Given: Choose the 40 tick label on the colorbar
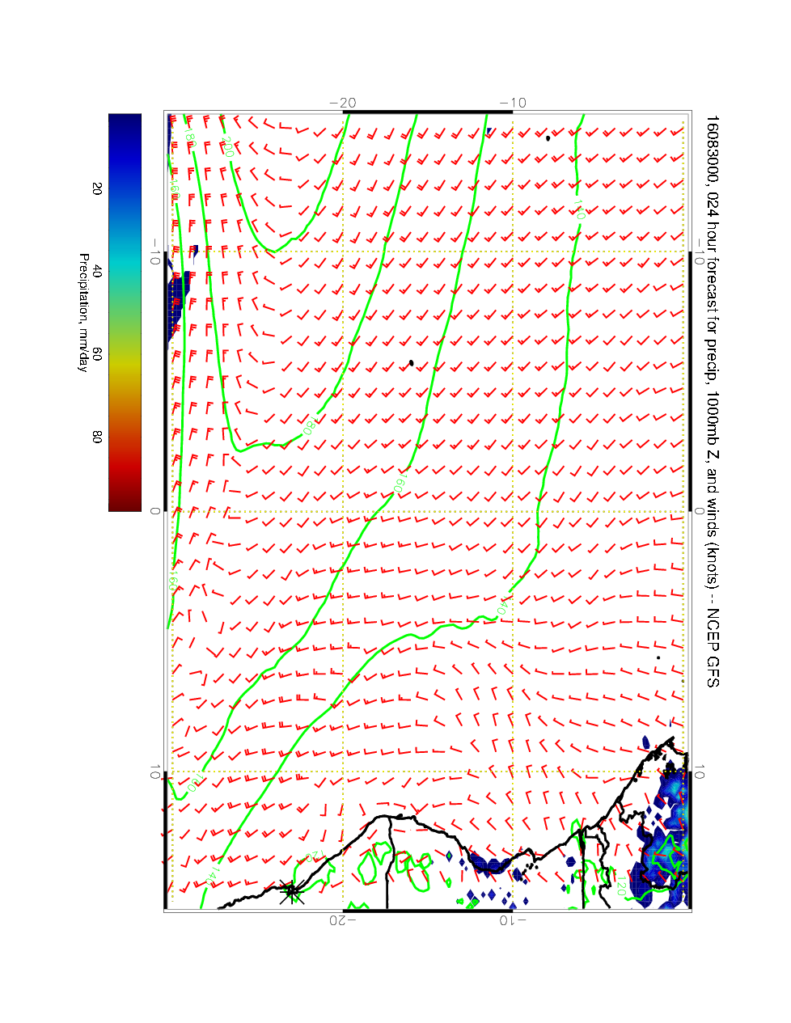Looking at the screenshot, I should click(x=97, y=272).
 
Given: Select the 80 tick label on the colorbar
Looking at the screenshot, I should click(x=97, y=437).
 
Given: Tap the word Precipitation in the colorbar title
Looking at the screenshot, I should click(x=83, y=292).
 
